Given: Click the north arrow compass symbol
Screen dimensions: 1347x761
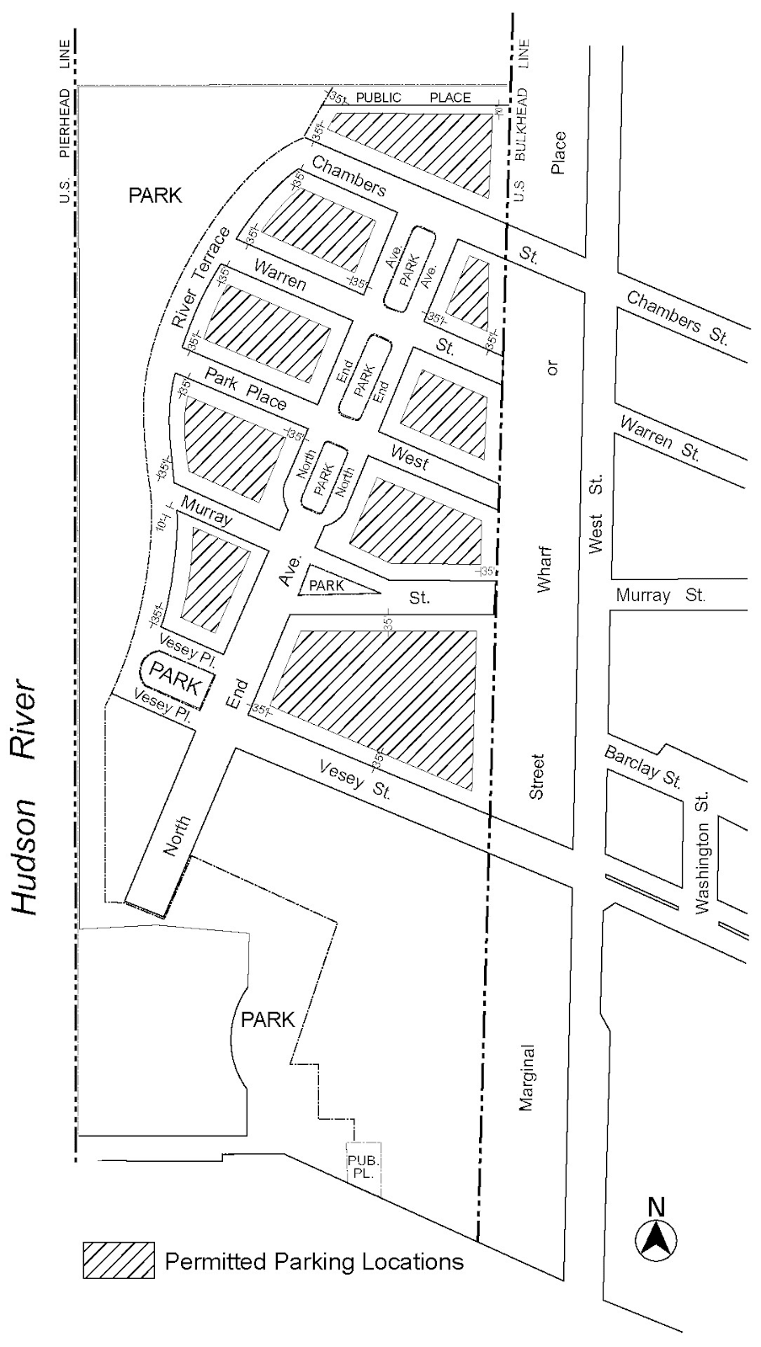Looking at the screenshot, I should [x=656, y=1238].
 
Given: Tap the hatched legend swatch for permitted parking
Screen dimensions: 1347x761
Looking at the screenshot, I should [x=118, y=1260].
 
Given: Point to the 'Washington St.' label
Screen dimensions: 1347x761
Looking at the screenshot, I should [x=703, y=851].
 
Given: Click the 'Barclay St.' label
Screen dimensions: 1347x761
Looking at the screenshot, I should [x=643, y=765].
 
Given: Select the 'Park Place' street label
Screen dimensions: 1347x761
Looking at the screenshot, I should [x=245, y=389].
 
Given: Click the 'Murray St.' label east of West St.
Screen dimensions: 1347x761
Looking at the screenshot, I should [x=660, y=595].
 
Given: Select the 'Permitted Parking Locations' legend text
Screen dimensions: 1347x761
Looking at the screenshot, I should [x=314, y=1261].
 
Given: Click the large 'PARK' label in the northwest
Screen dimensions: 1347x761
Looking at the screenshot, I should [x=155, y=195].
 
